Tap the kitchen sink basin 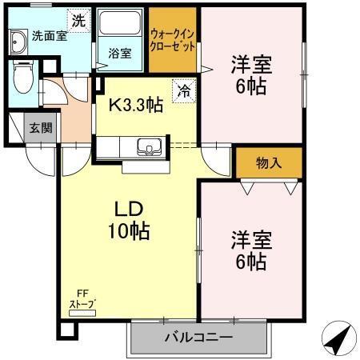click(148, 147)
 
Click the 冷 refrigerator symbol click(184, 91)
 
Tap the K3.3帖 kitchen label click(136, 105)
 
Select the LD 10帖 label click(128, 221)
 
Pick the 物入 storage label click(269, 163)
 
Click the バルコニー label click(198, 338)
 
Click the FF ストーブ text click(83, 299)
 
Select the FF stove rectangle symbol click(83, 314)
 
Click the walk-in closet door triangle click(206, 70)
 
